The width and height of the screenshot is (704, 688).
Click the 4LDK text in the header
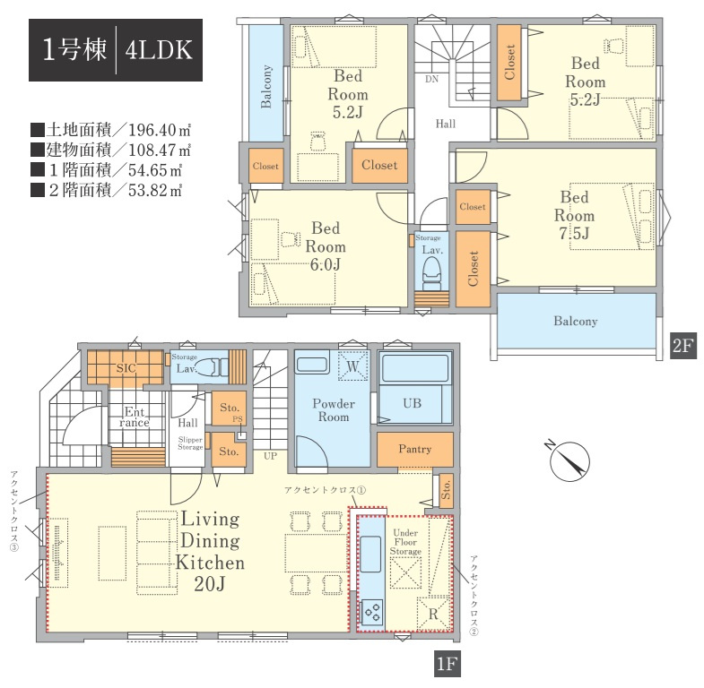[x=159, y=50]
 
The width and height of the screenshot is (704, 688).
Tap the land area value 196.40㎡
[x=160, y=130]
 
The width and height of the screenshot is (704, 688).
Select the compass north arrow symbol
[x=569, y=461]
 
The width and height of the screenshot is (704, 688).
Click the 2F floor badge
[x=683, y=346]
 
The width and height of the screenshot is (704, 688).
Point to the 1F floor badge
[x=448, y=663]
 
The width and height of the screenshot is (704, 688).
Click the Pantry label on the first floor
[x=415, y=449]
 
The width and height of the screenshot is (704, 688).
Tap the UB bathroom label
[x=413, y=403]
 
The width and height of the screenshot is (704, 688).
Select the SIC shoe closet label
[x=126, y=368]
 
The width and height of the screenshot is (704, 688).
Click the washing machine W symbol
[x=353, y=365]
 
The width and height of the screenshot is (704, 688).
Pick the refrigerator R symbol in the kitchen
[x=433, y=614]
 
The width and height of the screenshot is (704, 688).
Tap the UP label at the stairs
[x=270, y=456]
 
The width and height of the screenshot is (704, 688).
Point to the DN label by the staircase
[x=431, y=80]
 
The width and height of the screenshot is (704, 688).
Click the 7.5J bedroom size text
[x=574, y=233]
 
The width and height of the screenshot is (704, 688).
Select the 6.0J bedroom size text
[x=326, y=264]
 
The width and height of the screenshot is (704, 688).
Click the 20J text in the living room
[x=209, y=584]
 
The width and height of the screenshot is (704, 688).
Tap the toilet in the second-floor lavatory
[x=432, y=272]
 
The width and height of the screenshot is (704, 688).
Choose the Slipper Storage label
[x=190, y=443]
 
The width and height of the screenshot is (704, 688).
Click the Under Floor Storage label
[x=405, y=542]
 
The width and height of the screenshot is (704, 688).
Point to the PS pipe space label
[x=238, y=419]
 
